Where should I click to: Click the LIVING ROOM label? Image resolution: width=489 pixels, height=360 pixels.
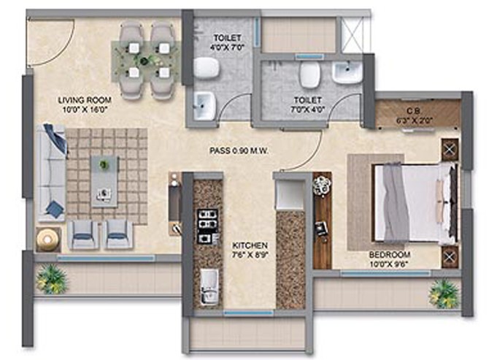point(85,100)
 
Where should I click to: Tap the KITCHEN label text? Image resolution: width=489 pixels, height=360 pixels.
point(250,245)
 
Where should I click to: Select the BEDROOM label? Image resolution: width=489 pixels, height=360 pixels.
point(390,255)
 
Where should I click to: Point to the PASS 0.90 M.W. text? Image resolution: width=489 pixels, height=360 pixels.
point(239,151)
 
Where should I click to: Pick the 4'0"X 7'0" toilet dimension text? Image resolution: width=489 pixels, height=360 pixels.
point(227,47)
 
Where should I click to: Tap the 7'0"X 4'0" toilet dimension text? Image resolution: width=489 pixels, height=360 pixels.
point(308,110)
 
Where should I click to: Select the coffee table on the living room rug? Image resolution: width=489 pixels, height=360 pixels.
point(104,182)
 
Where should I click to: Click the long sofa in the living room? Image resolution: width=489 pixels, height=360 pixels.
point(51,172)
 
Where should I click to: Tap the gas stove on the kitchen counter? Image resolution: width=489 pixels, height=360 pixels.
point(208,226)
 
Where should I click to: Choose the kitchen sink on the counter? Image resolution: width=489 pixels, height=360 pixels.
point(209,287)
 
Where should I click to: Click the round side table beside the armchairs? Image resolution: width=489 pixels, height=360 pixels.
point(48,240)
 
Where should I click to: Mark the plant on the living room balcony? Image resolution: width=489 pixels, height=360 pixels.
point(51,279)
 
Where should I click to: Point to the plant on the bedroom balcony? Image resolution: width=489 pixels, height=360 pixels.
point(444,294)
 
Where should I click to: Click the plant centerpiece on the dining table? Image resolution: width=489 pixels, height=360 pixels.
point(144,59)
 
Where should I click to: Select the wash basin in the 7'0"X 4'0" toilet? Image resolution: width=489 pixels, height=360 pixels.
point(347,72)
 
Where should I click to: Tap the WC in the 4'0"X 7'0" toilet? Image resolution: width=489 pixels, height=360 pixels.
point(207,67)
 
